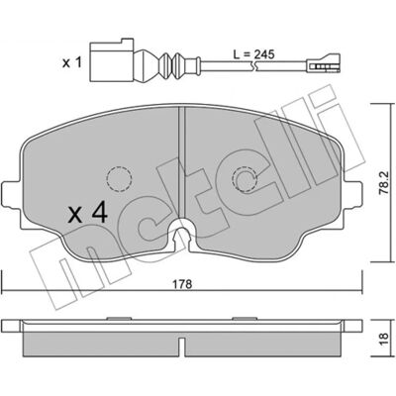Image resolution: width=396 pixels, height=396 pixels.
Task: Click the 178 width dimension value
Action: (x=183, y=284)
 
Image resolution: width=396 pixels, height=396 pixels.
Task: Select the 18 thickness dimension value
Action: (x=383, y=339)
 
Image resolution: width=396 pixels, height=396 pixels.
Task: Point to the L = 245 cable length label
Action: (x=253, y=54)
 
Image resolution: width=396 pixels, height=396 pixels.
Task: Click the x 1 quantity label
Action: (x=71, y=62)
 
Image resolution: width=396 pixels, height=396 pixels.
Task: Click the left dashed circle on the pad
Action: (x=119, y=179)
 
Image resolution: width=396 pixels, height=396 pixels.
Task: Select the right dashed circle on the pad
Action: (x=245, y=179)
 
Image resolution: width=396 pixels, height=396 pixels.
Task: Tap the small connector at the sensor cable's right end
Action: (x=323, y=63)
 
